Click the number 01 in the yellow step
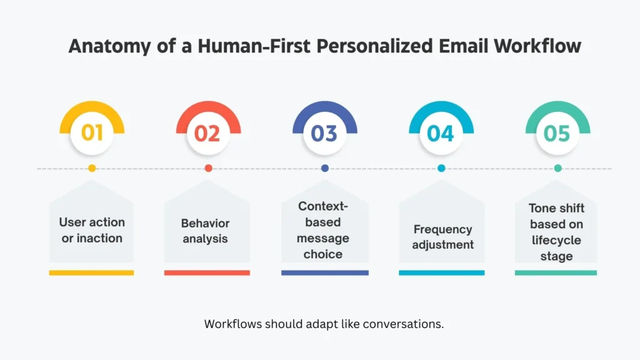pyautogui.click(x=92, y=133)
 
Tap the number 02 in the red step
pyautogui.click(x=208, y=133)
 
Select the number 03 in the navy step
pyautogui.click(x=324, y=133)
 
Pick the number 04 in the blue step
pyautogui.click(x=441, y=133)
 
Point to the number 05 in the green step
pyautogui.click(x=557, y=133)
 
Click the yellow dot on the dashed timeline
pyautogui.click(x=92, y=168)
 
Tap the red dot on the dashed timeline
pyautogui.click(x=208, y=168)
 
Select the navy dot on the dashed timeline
pyautogui.click(x=324, y=168)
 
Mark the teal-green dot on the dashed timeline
pyautogui.click(x=557, y=168)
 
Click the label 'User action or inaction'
pyautogui.click(x=92, y=230)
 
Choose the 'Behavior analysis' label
pyautogui.click(x=206, y=231)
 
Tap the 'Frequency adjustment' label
pyautogui.click(x=442, y=237)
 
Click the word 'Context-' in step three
pyautogui.click(x=323, y=206)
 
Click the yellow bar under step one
pyautogui.click(x=91, y=272)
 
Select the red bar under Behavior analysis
pyautogui.click(x=207, y=272)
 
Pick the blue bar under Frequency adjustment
pyautogui.click(x=441, y=272)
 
